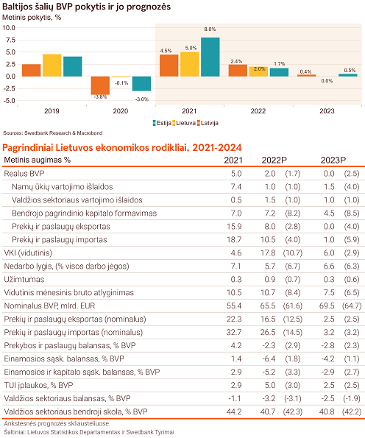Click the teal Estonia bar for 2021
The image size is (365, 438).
click(210, 57)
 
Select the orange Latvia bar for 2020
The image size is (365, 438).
click(100, 85)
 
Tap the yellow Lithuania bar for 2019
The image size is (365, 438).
click(52, 66)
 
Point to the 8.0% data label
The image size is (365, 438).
click(210, 29)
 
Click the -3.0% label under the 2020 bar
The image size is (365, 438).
click(141, 99)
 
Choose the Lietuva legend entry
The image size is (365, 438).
click(184, 123)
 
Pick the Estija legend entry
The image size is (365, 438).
click(162, 123)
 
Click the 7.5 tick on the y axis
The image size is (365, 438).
click(10, 40)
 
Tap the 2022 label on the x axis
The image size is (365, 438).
click(258, 111)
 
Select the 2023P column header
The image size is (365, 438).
click(333, 160)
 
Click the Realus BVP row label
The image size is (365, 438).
click(24, 174)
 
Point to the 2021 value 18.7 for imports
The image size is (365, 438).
click(234, 240)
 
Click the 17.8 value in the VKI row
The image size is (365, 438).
click(268, 252)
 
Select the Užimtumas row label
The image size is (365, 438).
click(24, 279)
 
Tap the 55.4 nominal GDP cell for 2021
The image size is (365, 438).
click(234, 306)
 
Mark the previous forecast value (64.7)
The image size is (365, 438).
click(352, 306)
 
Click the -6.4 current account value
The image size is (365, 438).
click(269, 358)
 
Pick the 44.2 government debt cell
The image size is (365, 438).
click(234, 411)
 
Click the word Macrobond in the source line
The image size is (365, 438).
click(90, 133)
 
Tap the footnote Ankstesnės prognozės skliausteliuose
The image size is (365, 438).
click(57, 423)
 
